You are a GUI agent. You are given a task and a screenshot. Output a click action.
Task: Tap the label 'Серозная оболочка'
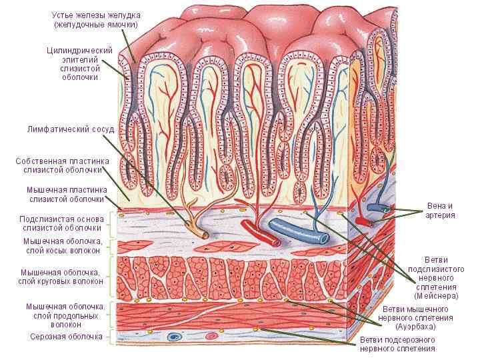pyautogui.click(x=66, y=337)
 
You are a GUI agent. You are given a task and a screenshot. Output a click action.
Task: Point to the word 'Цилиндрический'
pyautogui.click(x=79, y=51)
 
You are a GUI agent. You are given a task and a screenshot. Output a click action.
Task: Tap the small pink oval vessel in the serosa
pyautogui.click(x=212, y=336)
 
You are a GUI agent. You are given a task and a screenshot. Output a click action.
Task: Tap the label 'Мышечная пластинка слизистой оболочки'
pyautogui.click(x=66, y=194)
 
